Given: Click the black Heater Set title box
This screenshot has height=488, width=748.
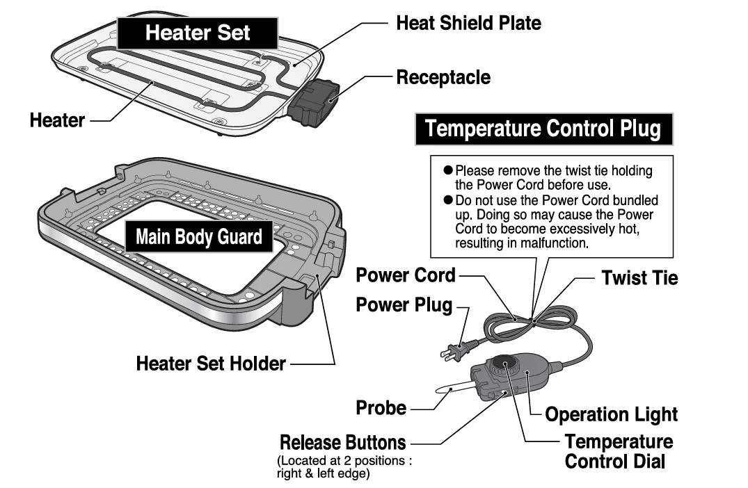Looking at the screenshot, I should coord(198,33).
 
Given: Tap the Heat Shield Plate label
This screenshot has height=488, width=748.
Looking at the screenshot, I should coord(468,23).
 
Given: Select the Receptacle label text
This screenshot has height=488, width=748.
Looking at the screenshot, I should coord(443,77).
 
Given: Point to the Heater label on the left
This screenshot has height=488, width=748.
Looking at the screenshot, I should coord(57,120).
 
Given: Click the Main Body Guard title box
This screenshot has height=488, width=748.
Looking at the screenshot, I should coord(199,237).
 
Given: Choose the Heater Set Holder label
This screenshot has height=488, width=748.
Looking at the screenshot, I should coord(210,363).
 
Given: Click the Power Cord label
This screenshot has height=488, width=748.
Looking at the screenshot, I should coord(406,275).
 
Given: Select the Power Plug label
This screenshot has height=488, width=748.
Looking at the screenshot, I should coord(404,305).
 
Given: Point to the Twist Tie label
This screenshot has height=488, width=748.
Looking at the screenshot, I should coord(639,279).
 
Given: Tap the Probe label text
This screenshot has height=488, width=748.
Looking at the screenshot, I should coord(381,408).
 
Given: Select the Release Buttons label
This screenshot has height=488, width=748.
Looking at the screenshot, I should coord(342,442).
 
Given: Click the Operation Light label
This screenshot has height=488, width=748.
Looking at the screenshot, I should coord(611,415).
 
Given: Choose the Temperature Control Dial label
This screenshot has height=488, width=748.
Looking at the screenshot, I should coord(618,451).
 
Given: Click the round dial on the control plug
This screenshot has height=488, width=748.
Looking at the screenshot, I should coord(504,366).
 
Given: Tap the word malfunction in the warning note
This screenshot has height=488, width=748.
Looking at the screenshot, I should coord(556,244).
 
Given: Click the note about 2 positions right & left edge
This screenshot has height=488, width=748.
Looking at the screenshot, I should coord(344,466).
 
